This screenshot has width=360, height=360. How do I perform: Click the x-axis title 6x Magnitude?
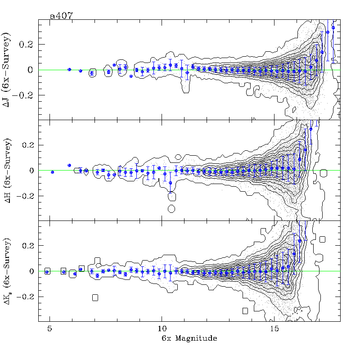pos(189,338)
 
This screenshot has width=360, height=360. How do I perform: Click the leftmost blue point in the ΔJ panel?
pos(69,69)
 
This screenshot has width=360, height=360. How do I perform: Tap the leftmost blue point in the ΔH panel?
pos(53,172)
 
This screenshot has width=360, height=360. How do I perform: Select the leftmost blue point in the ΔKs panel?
pos(47,272)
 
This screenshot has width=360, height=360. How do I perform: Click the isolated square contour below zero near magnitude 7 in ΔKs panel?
pos(95,297)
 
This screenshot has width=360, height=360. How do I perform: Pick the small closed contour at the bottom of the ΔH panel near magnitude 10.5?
pos(171,208)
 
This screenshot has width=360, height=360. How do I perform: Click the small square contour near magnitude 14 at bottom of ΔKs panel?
pos(245,310)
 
